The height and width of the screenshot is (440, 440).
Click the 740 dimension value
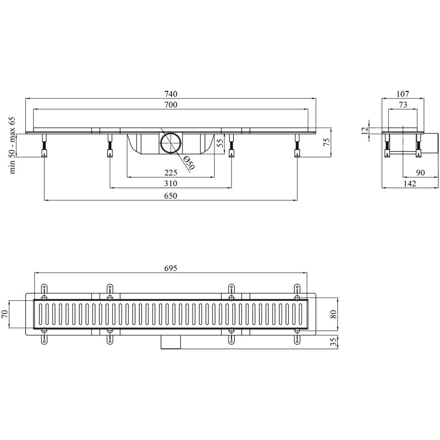171,94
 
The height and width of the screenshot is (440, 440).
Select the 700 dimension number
171,105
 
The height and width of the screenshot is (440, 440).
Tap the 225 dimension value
171,173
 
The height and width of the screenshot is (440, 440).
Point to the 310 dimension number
171,184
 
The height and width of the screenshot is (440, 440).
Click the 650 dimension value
171,196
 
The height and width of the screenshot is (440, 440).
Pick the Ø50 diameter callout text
189,163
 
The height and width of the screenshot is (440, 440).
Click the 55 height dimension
221,144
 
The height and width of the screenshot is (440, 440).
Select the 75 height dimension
327,142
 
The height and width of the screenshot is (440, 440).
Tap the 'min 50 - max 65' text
13,146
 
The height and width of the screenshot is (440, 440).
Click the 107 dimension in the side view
403,94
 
